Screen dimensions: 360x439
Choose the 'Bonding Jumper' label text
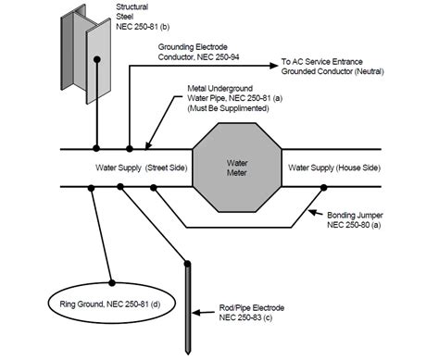coord(354,215)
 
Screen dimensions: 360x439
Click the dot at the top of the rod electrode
coord(188,266)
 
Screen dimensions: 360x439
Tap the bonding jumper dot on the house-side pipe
coord(321,187)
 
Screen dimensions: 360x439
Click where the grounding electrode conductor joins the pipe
coord(129,148)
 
